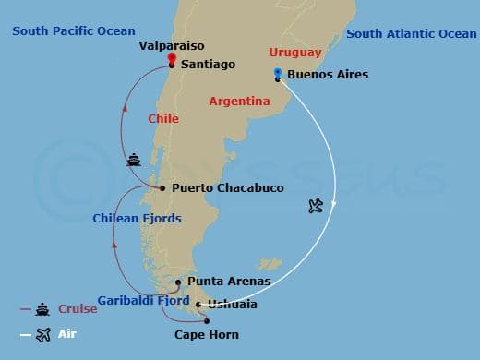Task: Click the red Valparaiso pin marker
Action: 172,57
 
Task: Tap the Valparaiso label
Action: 171,44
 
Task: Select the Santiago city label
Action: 210,65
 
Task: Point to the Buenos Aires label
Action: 328,75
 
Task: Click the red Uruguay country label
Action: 295,53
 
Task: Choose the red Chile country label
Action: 162,119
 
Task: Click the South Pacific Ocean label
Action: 74,31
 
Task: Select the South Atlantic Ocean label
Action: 412,34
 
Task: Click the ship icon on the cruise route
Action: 135,160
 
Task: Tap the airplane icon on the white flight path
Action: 318,206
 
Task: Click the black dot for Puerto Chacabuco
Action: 162,188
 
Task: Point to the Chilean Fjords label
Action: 138,219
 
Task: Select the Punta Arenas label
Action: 229,281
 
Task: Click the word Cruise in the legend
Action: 78,309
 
